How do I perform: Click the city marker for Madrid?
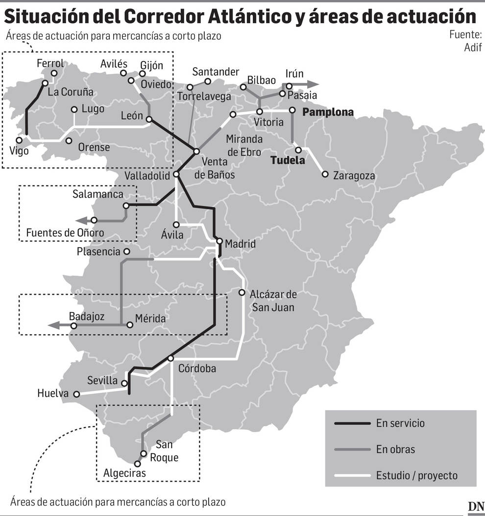click(x=219, y=241)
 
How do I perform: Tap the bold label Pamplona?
click(x=328, y=112)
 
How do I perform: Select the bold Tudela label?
click(x=288, y=160)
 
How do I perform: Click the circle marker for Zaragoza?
click(x=325, y=174)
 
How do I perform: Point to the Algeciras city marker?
click(x=137, y=463)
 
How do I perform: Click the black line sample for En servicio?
click(x=351, y=423)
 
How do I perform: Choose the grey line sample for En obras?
click(x=351, y=449)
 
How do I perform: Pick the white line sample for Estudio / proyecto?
click(x=351, y=475)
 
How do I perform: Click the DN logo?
click(x=475, y=507)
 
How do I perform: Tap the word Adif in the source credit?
click(x=473, y=47)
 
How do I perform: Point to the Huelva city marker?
click(x=76, y=393)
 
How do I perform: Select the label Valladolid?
click(x=147, y=176)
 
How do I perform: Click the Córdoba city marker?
click(x=170, y=359)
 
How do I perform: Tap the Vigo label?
click(x=19, y=151)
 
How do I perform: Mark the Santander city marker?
click(x=208, y=81)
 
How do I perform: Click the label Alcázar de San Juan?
click(x=273, y=301)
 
